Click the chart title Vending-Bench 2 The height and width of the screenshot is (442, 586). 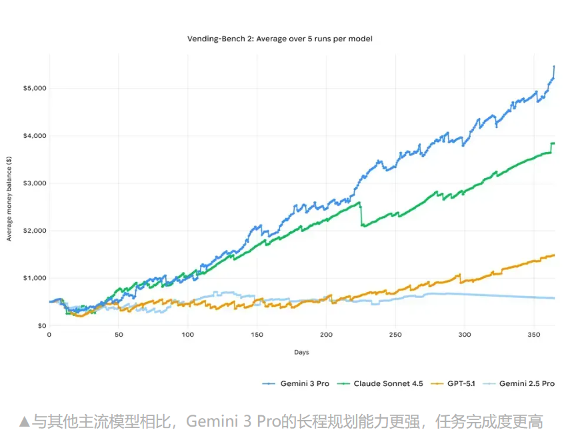point(280,39)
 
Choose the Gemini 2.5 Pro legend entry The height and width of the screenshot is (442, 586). point(524,383)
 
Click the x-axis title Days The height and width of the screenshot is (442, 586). point(301,352)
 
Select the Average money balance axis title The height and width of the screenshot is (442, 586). point(10,199)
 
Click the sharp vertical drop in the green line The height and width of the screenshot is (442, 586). point(361,215)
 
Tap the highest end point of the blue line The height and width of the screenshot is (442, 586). point(554,67)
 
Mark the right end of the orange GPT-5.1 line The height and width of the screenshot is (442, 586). point(554,255)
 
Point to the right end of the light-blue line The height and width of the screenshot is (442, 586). point(554,298)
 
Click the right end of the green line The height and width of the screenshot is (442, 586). point(554,143)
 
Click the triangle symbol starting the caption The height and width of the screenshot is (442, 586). point(25,422)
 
